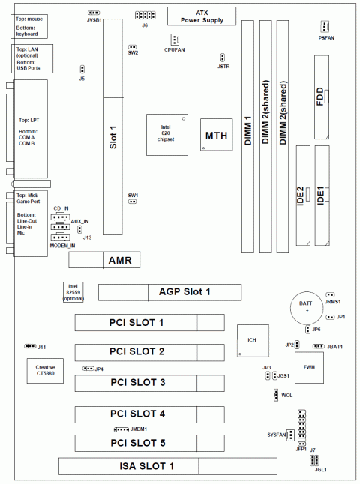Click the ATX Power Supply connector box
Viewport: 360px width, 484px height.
202,16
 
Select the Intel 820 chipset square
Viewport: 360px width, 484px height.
167,135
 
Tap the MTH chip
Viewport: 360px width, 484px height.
216,135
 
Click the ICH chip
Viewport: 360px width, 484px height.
253,341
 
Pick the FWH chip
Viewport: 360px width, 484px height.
309,368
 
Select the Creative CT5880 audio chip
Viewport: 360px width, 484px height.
45,371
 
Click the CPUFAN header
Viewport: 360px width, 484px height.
175,39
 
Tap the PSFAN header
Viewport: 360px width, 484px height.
325,27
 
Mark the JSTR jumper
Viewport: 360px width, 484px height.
222,58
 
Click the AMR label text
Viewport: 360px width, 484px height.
120,260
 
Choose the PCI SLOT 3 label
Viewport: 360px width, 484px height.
138,382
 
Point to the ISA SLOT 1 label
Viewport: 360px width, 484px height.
147,466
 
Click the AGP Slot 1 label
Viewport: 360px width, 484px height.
184,292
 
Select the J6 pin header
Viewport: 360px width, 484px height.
145,15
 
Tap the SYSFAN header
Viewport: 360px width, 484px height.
290,435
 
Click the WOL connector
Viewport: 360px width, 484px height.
276,395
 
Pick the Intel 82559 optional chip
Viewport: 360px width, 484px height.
73,292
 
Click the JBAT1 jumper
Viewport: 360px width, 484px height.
318,346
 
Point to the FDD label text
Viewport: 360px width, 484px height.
320,97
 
